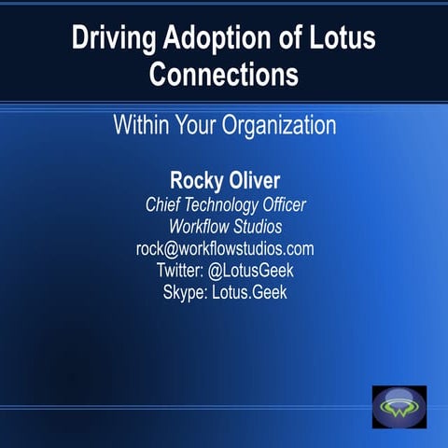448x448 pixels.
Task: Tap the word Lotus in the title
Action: (x=346, y=40)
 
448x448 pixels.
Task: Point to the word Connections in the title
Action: (x=224, y=74)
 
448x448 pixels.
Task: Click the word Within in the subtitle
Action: (x=141, y=124)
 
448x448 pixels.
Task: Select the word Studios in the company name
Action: (x=255, y=227)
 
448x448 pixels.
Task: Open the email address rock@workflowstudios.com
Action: (x=224, y=249)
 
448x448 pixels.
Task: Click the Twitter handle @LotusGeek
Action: (x=251, y=271)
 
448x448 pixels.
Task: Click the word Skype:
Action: (x=184, y=292)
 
